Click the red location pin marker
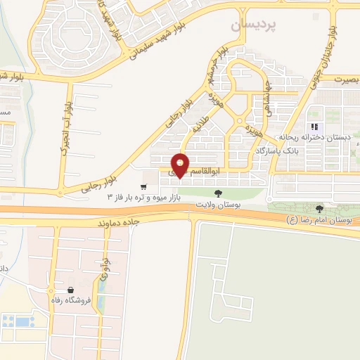click(x=181, y=165)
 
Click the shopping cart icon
click(x=143, y=187)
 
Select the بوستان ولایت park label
click(x=219, y=203)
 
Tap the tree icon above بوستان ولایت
click(x=219, y=191)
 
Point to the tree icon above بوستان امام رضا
click(x=320, y=208)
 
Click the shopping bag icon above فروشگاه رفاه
click(x=70, y=290)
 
